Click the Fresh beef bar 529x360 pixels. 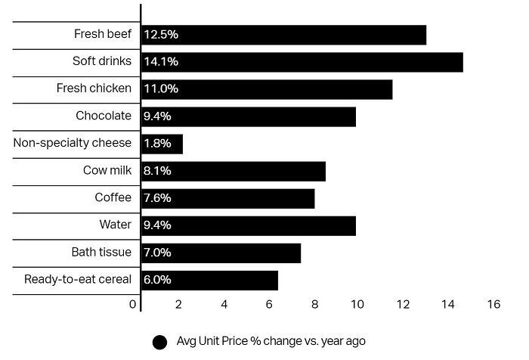(x=283, y=35)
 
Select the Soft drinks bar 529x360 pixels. (x=302, y=62)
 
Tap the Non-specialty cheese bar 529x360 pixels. (x=162, y=144)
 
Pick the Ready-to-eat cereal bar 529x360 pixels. (x=209, y=280)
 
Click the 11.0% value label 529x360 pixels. (x=161, y=89)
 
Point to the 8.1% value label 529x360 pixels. (x=158, y=171)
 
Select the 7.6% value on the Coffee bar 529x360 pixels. (x=158, y=198)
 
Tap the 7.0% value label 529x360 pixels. (x=158, y=253)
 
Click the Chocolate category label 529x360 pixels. (x=104, y=116)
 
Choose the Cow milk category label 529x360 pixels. (x=107, y=171)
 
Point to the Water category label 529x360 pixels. (x=115, y=225)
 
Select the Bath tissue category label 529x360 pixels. (x=101, y=253)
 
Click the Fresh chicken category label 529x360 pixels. (x=94, y=89)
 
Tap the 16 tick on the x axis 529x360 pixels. (x=494, y=305)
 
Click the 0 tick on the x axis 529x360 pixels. (x=133, y=305)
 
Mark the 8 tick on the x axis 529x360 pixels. (x=314, y=305)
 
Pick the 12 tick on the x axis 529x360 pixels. (x=403, y=305)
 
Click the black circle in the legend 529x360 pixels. (x=159, y=342)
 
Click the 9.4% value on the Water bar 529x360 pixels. (x=158, y=225)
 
